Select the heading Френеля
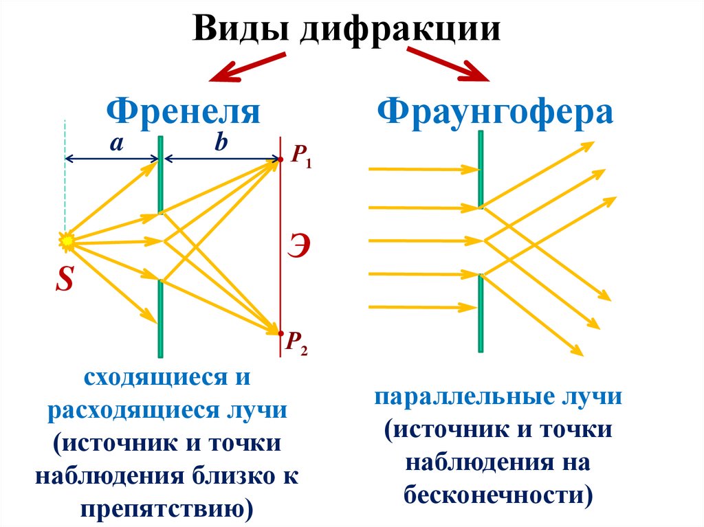(183, 111)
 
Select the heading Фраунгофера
(494, 111)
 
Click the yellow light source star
(67, 240)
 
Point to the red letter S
(65, 279)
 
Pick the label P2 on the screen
(297, 341)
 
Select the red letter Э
(297, 246)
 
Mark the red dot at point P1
(280, 161)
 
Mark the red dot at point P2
(280, 333)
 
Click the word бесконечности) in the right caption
(498, 495)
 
